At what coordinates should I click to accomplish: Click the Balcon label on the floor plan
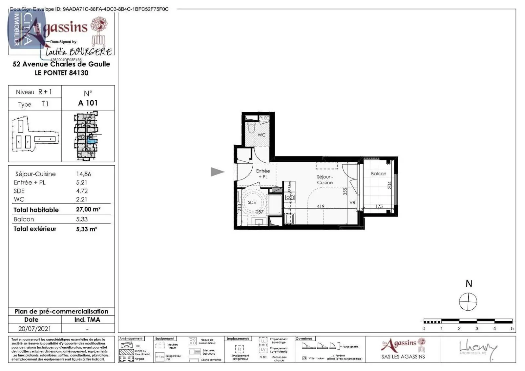(x=378, y=174)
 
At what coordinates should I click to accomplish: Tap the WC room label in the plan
(x=262, y=135)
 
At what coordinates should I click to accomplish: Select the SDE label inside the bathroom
(x=252, y=202)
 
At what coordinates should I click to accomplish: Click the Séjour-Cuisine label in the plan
(x=325, y=179)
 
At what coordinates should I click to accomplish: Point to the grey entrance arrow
(x=217, y=172)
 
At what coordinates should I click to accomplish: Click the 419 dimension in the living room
(x=321, y=206)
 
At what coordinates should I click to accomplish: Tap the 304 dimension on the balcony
(x=389, y=185)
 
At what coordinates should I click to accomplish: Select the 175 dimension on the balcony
(x=379, y=206)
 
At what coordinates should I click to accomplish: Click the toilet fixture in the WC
(x=252, y=128)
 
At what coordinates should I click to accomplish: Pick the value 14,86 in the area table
(x=83, y=174)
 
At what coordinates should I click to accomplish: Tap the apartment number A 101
(x=88, y=103)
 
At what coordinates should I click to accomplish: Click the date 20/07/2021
(x=34, y=328)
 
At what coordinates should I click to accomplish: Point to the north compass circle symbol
(x=468, y=302)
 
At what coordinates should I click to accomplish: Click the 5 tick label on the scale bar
(x=512, y=328)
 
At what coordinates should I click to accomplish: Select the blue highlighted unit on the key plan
(x=93, y=141)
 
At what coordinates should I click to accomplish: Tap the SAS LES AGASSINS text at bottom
(x=403, y=357)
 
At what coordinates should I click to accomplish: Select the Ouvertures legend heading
(x=304, y=339)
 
